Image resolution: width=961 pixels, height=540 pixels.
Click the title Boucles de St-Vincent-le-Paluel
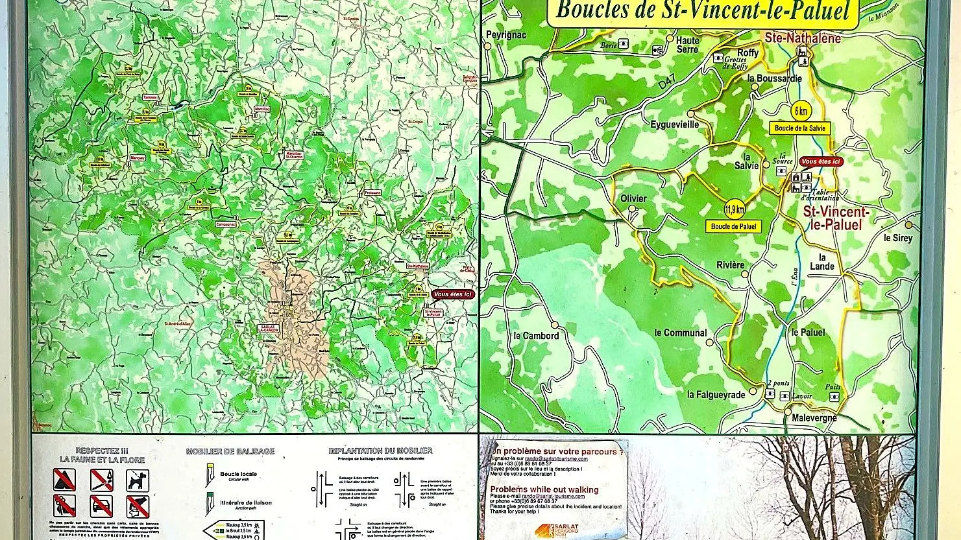pyautogui.click(x=703, y=11)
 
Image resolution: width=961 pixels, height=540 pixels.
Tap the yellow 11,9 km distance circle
pyautogui.click(x=734, y=209)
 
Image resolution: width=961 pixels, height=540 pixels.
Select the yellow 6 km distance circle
pyautogui.click(x=800, y=111)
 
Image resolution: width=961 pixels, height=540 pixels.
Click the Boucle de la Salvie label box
pyautogui.click(x=800, y=128)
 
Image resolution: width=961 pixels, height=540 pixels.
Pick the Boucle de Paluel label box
pyautogui.click(x=733, y=226)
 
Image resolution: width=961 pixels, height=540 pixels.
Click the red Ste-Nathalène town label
pyautogui.click(x=802, y=38)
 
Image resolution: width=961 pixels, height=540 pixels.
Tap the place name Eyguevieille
pyautogui.click(x=675, y=124)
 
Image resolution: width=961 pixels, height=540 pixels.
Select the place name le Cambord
pyautogui.click(x=535, y=335)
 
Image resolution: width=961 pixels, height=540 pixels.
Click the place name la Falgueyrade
pyautogui.click(x=716, y=394)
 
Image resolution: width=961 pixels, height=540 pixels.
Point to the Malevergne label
pyautogui.click(x=814, y=418)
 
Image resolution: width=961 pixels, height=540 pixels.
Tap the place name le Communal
pyautogui.click(x=680, y=333)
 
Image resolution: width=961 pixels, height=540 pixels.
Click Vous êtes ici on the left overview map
pyautogui.click(x=454, y=294)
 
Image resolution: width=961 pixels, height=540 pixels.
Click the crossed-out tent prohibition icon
pyautogui.click(x=64, y=480)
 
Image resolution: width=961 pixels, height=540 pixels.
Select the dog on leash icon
pyautogui.click(x=137, y=480)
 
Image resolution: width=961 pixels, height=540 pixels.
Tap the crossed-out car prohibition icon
pyautogui.click(x=101, y=506)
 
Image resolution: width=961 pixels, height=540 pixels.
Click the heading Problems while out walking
pyautogui.click(x=544, y=490)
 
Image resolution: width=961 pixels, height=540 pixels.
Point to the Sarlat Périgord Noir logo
pyautogui.click(x=557, y=530)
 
